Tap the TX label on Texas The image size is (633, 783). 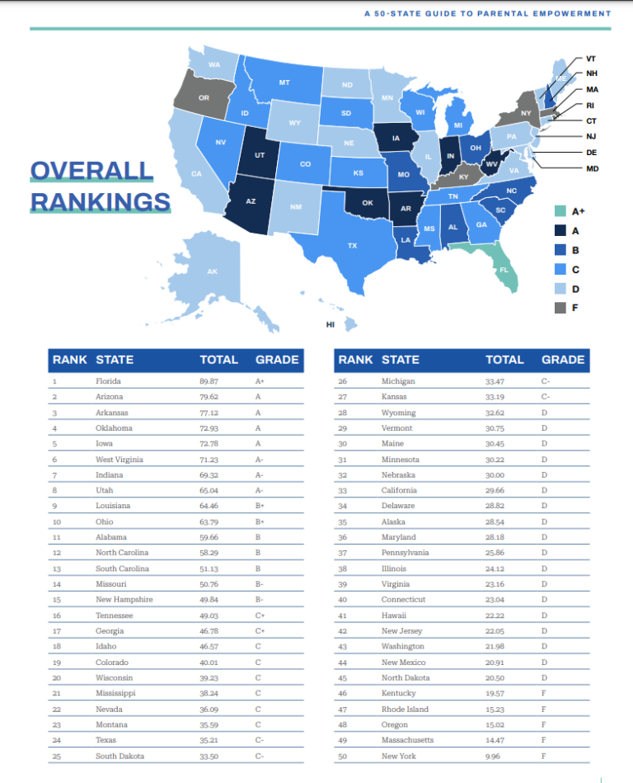point(352,246)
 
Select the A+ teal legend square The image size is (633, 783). point(560,211)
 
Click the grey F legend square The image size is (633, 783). point(560,307)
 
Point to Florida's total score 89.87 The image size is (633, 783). point(209,381)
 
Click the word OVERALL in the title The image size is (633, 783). point(91,172)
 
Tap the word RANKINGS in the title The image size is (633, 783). point(101,201)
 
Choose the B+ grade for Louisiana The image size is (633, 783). point(260,506)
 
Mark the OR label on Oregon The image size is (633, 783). point(204,98)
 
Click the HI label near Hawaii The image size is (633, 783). point(331,324)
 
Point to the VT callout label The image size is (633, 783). point(591,59)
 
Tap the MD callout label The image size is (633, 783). point(592,168)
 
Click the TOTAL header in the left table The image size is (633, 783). point(218,360)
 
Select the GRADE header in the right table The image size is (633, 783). point(563,360)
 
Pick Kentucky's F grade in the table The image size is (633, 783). point(543,694)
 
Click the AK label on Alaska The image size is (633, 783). point(212,271)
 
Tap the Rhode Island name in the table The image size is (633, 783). point(403,710)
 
